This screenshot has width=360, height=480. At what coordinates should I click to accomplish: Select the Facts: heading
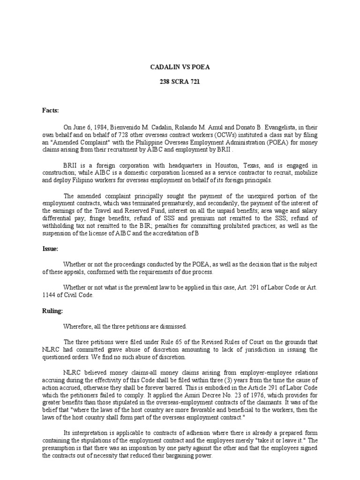coord(50,111)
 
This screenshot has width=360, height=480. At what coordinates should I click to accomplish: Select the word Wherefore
coord(80,326)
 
